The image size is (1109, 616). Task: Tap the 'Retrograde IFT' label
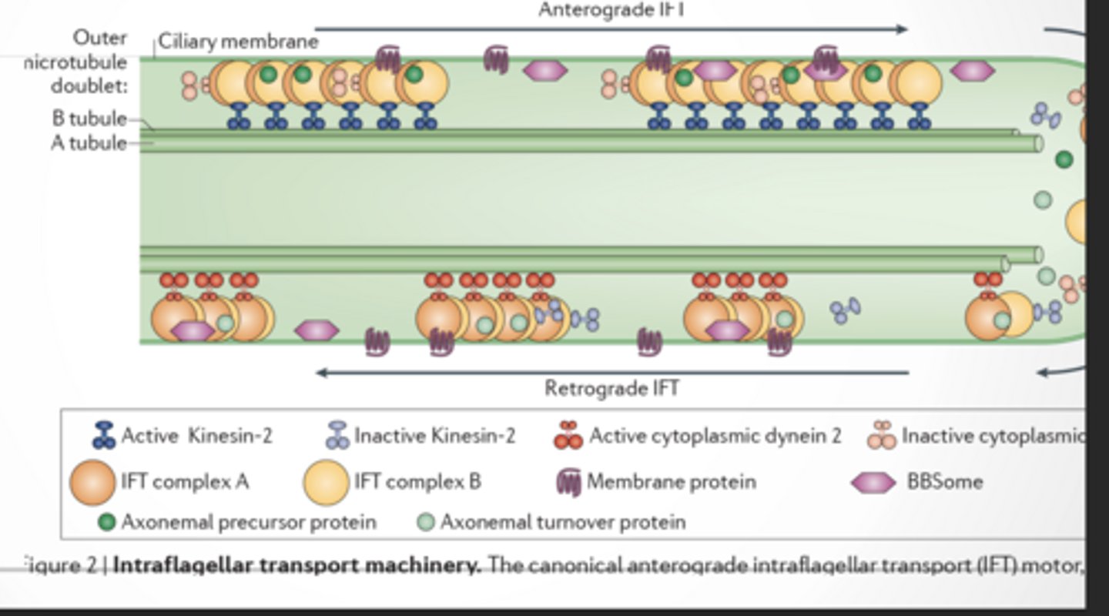point(611,387)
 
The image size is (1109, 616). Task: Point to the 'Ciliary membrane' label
point(238,42)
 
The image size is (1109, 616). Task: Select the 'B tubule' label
point(89,119)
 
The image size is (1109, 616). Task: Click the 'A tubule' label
point(89,142)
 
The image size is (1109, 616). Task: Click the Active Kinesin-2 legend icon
point(104,436)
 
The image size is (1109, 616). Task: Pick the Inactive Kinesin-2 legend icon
point(337,436)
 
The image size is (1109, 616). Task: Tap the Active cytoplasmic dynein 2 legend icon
point(569,436)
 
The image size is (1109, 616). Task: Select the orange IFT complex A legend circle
point(92,482)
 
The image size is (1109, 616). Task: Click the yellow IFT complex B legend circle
point(326,482)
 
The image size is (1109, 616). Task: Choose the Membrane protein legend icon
point(568,482)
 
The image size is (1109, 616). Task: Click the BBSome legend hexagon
point(873,483)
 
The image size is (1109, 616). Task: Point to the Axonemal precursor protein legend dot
point(107,522)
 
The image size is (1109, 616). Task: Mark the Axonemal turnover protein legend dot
point(426,522)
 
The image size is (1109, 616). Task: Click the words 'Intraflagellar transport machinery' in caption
point(297,566)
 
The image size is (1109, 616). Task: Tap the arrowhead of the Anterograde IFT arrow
point(903,29)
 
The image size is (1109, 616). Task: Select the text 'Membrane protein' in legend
point(671,482)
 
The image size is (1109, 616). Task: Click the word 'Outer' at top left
point(100,37)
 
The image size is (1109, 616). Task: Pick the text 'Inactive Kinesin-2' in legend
point(434,436)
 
